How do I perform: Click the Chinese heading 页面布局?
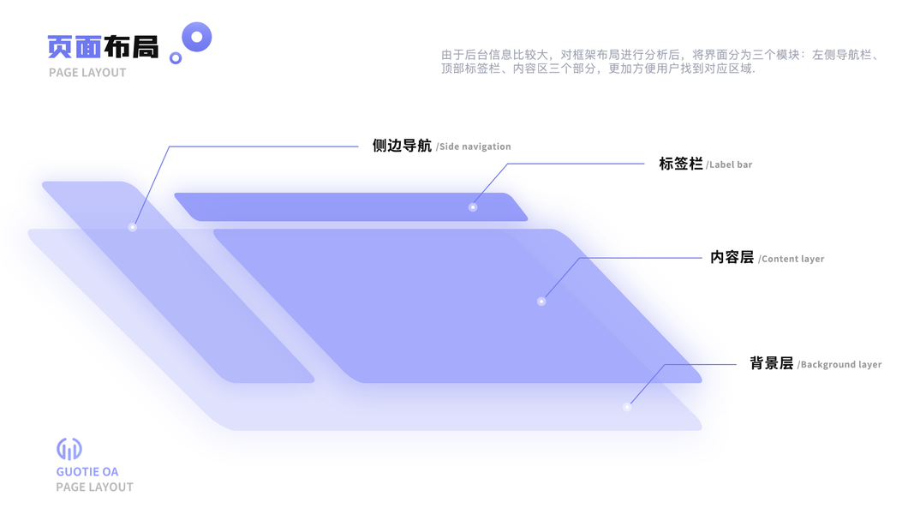coord(103,46)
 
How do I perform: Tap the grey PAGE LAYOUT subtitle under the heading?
coord(87,73)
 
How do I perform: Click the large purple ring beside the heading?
coord(197,37)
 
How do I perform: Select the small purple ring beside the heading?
coord(176,58)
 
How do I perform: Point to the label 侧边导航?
coord(402,146)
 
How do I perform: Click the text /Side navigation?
coord(474,147)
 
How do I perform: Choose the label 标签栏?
coord(681,164)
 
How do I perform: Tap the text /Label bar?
coord(730,164)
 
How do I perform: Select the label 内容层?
coord(732,257)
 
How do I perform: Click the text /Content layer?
coord(792,259)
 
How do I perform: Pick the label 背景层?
coord(771,363)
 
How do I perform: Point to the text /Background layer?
coord(839,365)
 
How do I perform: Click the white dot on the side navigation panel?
coord(132,227)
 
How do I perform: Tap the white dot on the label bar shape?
coord(473,207)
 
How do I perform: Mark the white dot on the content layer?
coord(541,302)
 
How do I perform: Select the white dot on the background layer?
coord(627,407)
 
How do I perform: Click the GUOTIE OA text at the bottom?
coord(87,472)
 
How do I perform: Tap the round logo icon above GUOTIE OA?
coord(69,449)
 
